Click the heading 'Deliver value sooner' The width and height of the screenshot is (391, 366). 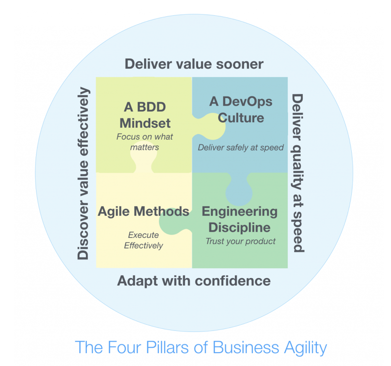tap(194, 64)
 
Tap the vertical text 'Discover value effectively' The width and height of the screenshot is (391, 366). tap(83, 173)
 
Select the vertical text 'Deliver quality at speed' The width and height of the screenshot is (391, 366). tap(297, 173)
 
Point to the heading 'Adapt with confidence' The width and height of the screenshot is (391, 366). tap(194, 281)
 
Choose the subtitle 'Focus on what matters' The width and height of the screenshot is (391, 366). tap(144, 142)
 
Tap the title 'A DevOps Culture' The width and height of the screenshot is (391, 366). tap(241, 109)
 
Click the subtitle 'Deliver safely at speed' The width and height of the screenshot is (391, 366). tap(241, 148)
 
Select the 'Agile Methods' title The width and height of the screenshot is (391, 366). tap(143, 212)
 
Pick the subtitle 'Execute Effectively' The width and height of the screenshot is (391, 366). tap(143, 240)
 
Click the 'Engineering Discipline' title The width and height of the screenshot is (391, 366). tap(240, 219)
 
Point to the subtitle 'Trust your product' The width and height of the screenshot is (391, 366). tap(240, 241)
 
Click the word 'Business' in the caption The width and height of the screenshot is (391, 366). tap(244, 346)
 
